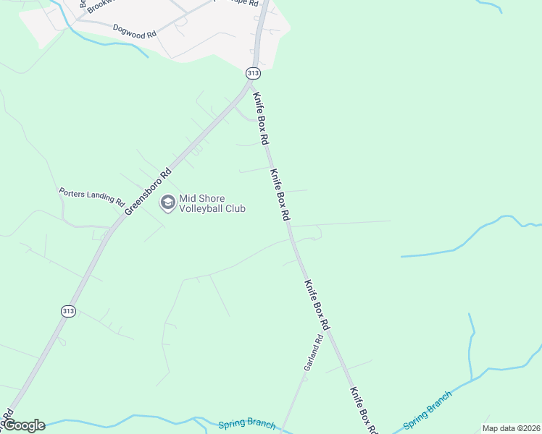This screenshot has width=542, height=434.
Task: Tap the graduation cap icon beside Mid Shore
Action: pyautogui.click(x=167, y=203)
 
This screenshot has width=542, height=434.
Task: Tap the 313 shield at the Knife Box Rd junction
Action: pyautogui.click(x=252, y=73)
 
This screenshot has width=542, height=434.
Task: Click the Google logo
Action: pyautogui.click(x=23, y=425)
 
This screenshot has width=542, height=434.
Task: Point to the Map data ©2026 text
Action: pyautogui.click(x=511, y=428)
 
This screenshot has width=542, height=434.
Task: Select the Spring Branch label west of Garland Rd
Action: pyautogui.click(x=246, y=424)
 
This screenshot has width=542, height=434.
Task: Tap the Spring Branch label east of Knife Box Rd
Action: pyautogui.click(x=428, y=409)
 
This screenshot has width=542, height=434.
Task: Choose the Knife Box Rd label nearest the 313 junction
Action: pyautogui.click(x=261, y=117)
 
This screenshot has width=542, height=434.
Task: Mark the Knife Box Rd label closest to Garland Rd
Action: pyautogui.click(x=317, y=306)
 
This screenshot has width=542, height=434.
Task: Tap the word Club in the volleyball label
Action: pyautogui.click(x=236, y=209)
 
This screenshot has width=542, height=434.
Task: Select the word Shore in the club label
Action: pyautogui.click(x=211, y=198)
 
